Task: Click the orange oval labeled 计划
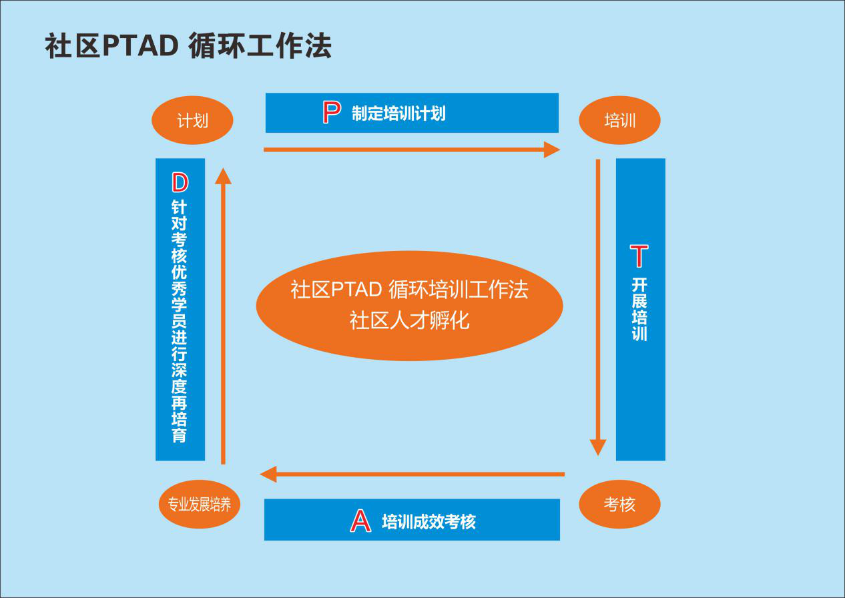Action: (x=192, y=120)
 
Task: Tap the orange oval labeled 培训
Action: (x=619, y=120)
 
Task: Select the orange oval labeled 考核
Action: (x=619, y=504)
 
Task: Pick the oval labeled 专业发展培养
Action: (x=199, y=504)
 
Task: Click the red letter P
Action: (x=332, y=112)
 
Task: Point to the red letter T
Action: (x=639, y=256)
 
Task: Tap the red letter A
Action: (x=360, y=521)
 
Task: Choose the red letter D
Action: (x=180, y=183)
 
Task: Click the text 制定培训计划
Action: (x=398, y=113)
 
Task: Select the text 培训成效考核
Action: (x=429, y=522)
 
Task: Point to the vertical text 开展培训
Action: (x=639, y=310)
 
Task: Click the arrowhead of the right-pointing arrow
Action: (x=552, y=149)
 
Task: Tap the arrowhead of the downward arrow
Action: (x=598, y=448)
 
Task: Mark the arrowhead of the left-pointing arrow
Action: (x=268, y=475)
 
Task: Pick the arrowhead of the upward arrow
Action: (x=223, y=176)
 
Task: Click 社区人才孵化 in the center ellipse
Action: (x=409, y=321)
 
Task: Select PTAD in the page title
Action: (x=140, y=45)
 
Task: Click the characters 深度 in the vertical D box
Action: (x=179, y=378)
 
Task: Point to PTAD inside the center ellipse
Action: (x=356, y=290)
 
